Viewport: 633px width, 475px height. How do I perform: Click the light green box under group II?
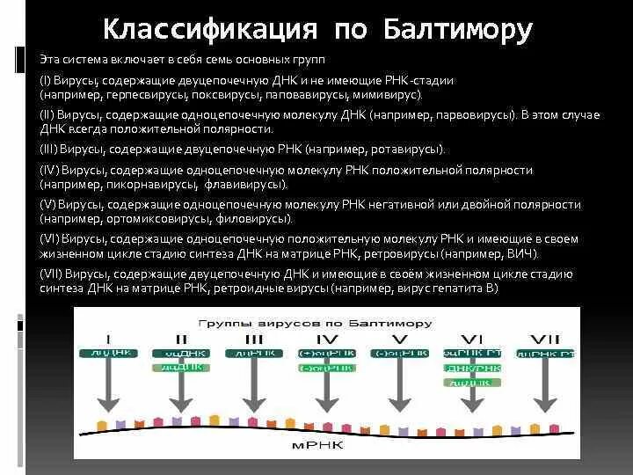click(x=180, y=369)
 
